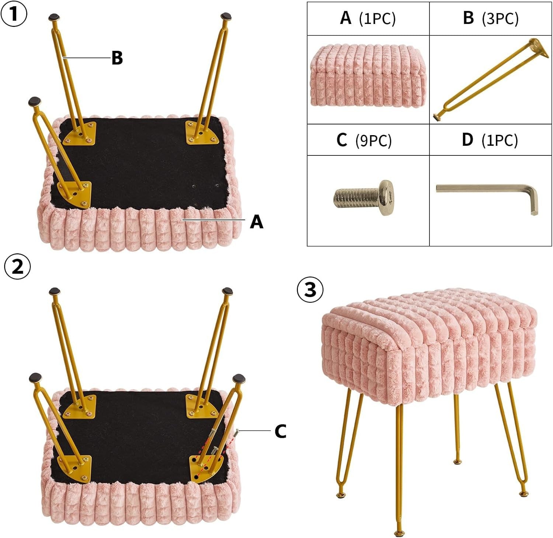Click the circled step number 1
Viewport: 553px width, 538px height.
(14, 14)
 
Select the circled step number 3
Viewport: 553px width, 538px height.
(310, 289)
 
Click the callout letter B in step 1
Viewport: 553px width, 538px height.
(117, 57)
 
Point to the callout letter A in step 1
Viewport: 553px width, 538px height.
(257, 222)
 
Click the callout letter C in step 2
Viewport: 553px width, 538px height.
(280, 431)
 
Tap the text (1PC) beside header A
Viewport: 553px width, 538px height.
(377, 18)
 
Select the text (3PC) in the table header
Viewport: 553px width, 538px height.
(500, 18)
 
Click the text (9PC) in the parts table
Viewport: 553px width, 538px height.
(373, 140)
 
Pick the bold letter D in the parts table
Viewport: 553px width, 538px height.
(467, 140)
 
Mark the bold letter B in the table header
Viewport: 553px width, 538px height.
(468, 18)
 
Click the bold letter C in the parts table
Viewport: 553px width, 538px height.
(342, 140)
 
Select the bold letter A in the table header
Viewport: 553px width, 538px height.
(345, 18)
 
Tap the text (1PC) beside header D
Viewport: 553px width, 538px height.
(500, 140)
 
